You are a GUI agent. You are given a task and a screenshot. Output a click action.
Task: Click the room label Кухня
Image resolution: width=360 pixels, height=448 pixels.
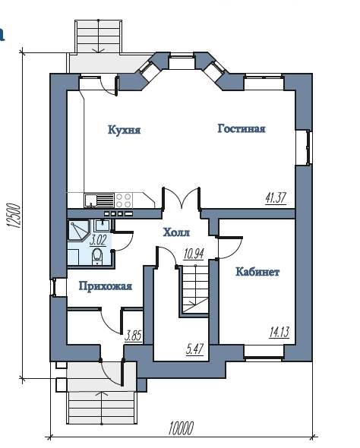point(125,130)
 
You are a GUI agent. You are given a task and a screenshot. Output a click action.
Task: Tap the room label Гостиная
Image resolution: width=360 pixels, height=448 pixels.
point(242,128)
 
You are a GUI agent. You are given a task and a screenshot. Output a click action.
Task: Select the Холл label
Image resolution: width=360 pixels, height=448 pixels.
point(176,232)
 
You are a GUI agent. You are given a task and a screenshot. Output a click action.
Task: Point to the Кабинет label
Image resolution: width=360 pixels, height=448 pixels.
point(257,271)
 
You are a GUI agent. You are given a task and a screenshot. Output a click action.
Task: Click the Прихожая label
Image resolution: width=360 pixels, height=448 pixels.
point(106,286)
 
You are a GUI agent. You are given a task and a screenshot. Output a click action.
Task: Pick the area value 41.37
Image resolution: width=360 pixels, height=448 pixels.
point(276,198)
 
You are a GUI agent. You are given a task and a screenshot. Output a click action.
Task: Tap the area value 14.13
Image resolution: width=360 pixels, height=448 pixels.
point(279,333)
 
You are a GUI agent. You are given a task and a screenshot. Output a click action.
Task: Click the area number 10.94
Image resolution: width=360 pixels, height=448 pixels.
point(194,253)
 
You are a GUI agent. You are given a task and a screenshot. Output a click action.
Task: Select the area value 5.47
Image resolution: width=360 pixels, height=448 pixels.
point(195,349)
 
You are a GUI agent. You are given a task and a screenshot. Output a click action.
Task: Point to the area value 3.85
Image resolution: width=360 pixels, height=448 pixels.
point(134,336)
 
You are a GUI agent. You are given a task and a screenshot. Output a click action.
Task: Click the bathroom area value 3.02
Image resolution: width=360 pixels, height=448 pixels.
point(98,240)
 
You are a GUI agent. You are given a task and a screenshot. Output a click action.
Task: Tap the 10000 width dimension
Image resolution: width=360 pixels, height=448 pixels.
point(181,428)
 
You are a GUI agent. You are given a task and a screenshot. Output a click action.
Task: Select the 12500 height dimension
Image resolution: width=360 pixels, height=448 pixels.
point(14,216)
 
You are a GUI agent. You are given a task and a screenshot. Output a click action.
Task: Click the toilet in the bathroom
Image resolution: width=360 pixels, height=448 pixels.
point(97,257)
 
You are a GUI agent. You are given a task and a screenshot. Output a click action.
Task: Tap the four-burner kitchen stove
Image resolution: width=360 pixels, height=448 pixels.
point(124,200)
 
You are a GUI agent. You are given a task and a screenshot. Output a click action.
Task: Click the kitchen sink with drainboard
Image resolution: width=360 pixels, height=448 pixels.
point(99,200)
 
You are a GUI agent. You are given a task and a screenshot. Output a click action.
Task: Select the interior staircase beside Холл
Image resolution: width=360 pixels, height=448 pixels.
point(194,289)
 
